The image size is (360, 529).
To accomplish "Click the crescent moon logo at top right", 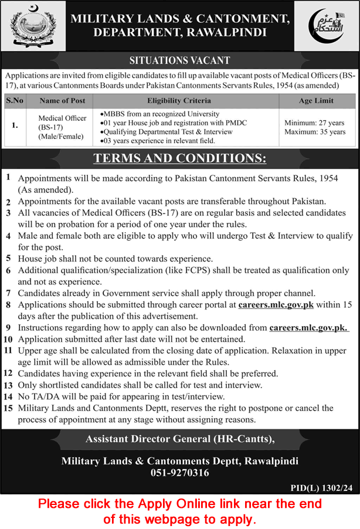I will pos(327,26).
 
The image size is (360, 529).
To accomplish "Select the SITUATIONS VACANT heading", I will pos(179,60).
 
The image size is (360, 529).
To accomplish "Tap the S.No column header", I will pos(15,100).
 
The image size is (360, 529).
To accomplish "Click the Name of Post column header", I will pos(62,100).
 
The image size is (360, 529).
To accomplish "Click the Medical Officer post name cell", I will pos(62,127).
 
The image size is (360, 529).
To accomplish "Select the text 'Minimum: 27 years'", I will pos(315,123).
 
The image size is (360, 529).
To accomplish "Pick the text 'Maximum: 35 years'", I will pos(315,132).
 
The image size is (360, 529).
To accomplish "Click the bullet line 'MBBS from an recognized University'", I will pos(161,114).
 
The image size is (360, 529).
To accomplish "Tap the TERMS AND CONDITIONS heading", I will pos(180,158).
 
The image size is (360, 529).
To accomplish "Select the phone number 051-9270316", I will pos(179,473).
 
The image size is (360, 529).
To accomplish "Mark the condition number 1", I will pos(8,177).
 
